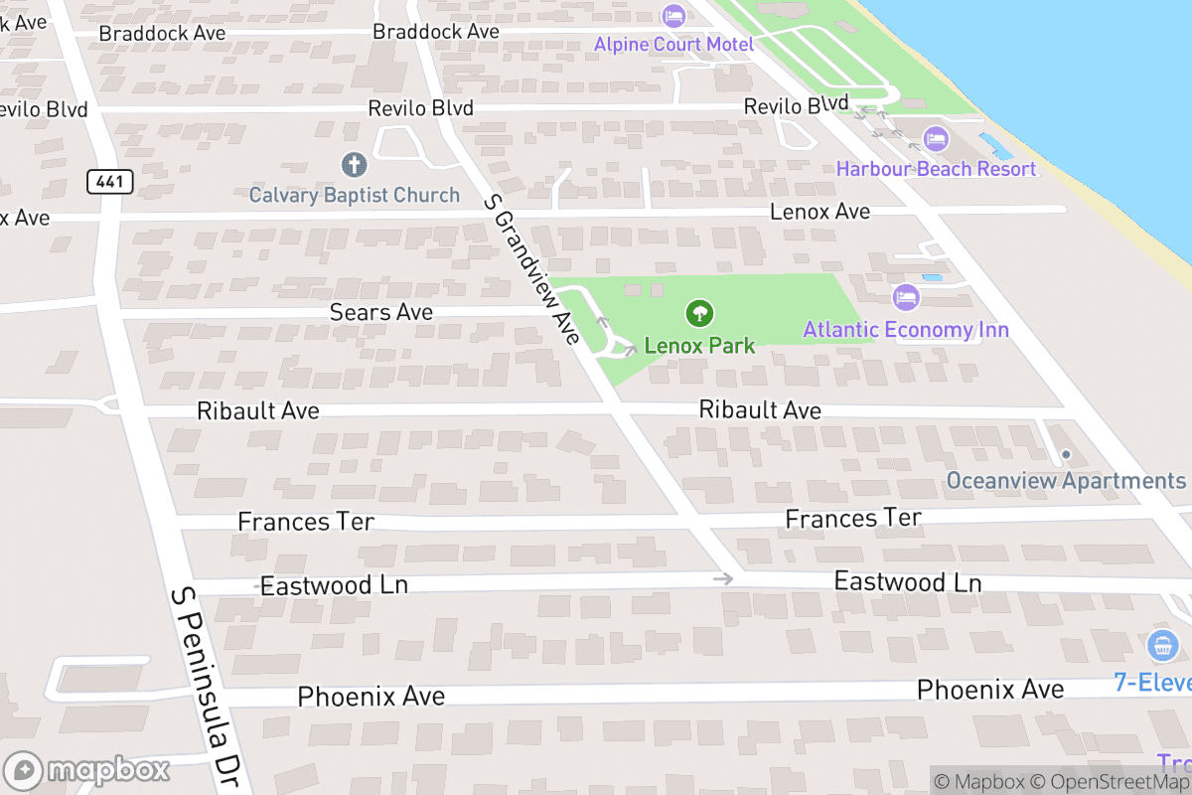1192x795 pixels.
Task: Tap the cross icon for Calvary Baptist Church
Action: pos(354,164)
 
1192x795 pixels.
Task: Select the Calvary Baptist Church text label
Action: pos(354,195)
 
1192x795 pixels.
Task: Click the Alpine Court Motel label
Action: pos(673,44)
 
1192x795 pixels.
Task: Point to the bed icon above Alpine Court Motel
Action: pos(673,16)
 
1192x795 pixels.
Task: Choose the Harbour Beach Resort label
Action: pos(936,168)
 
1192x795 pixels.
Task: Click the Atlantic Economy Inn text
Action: pos(905,329)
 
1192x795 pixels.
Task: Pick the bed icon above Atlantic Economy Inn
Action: pos(905,296)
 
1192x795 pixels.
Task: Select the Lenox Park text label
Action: pos(699,346)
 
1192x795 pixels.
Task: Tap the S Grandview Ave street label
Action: pos(530,269)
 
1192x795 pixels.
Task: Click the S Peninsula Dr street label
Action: pos(204,686)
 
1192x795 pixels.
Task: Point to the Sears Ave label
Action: pos(381,312)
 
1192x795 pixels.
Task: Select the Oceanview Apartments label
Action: pos(1065,481)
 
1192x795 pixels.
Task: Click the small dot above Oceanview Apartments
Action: pos(1066,455)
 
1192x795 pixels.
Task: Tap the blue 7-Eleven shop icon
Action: pos(1161,646)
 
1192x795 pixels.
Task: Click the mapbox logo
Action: pos(87,770)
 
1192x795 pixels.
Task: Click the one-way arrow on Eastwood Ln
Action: pos(723,578)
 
